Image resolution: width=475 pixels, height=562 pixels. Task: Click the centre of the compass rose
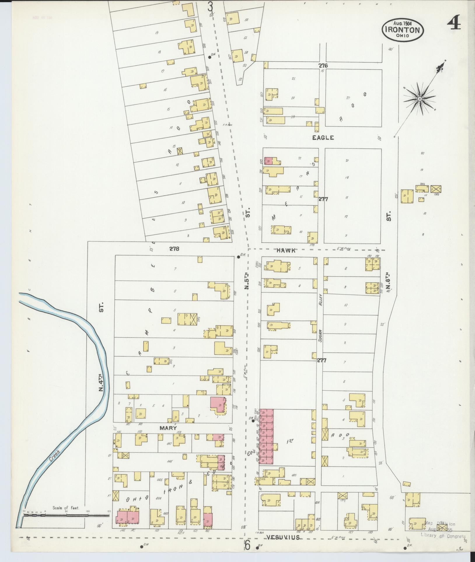[x=419, y=99]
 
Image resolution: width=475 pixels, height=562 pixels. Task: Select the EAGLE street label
[x=323, y=138]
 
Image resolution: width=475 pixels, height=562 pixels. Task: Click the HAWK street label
[x=286, y=250]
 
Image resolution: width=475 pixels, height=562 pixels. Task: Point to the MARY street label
[x=168, y=428]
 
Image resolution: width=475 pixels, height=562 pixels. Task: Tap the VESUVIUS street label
[x=283, y=537]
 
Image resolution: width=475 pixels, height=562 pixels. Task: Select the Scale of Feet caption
[x=66, y=507]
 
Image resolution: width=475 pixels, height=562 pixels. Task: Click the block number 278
[x=174, y=249]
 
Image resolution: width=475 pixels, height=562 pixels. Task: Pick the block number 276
[x=323, y=66]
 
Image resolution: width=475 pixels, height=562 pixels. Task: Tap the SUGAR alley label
[x=320, y=335]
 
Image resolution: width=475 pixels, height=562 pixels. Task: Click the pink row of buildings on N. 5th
[x=267, y=440]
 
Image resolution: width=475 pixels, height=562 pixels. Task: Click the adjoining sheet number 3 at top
[x=210, y=6]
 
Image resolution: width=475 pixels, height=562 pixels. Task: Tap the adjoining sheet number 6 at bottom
[x=247, y=545]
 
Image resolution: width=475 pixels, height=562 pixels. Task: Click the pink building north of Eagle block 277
[x=268, y=161]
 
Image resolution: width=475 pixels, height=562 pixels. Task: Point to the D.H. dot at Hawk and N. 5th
[x=239, y=257]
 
